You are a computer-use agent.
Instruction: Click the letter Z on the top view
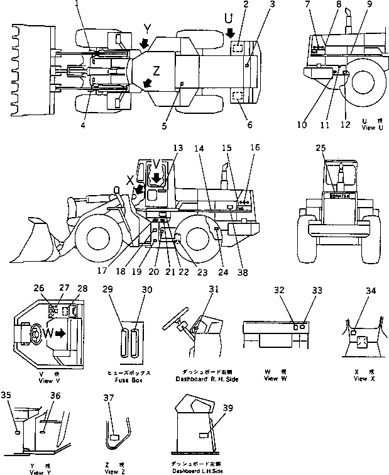point(157,70)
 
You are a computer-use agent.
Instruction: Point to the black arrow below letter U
point(231,32)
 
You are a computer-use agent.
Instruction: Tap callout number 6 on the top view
point(249,125)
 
